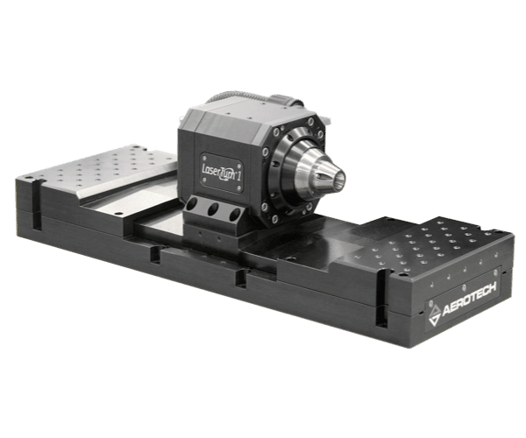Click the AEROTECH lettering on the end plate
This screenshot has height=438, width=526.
click(469, 300)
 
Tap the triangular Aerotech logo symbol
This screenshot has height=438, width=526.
click(435, 315)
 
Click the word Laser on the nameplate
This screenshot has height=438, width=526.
click(210, 170)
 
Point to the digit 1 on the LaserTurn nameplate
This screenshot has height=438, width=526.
click(238, 176)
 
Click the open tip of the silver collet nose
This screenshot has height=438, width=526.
click(338, 177)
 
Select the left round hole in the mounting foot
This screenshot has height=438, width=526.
click(193, 204)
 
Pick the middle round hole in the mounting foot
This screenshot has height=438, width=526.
click(213, 209)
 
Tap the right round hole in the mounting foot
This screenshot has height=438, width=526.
click(234, 215)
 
